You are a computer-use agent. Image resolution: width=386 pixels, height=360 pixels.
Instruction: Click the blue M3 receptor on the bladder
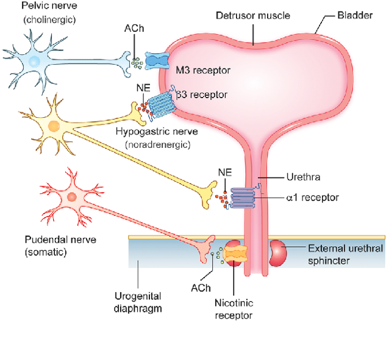pyautogui.click(x=157, y=60)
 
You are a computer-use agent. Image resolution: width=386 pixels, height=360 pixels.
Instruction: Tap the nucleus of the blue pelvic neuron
pyautogui.click(x=34, y=61)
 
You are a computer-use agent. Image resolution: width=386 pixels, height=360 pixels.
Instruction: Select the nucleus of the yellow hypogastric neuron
pyautogui.click(x=54, y=126)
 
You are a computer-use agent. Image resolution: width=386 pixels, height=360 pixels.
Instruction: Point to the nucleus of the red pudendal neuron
pyautogui.click(x=72, y=197)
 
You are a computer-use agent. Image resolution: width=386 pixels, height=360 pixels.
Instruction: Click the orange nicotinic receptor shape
pyautogui.click(x=235, y=254)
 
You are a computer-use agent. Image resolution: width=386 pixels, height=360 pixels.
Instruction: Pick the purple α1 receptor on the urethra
pyautogui.click(x=243, y=198)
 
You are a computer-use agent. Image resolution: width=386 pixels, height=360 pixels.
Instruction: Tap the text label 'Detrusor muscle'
pyautogui.click(x=253, y=15)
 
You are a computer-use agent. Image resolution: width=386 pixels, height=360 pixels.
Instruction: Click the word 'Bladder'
pyautogui.click(x=355, y=15)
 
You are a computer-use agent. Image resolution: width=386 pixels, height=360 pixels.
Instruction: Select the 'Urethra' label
pyautogui.click(x=303, y=177)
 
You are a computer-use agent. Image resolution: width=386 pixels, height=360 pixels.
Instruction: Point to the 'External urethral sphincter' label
pyautogui.click(x=345, y=255)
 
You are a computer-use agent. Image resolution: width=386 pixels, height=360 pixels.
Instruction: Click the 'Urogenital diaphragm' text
pyautogui.click(x=138, y=303)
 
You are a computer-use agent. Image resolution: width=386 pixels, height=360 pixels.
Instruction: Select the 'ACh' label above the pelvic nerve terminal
pyautogui.click(x=134, y=28)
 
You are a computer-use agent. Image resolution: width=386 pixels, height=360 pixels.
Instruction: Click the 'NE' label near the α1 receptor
pyautogui.click(x=225, y=172)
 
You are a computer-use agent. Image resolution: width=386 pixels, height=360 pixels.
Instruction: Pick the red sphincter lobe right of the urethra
pyautogui.click(x=278, y=254)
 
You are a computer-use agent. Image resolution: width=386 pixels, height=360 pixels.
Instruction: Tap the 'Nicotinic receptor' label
pyautogui.click(x=234, y=309)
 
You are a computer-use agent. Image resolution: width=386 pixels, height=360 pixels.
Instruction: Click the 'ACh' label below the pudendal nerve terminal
pyautogui.click(x=201, y=288)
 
